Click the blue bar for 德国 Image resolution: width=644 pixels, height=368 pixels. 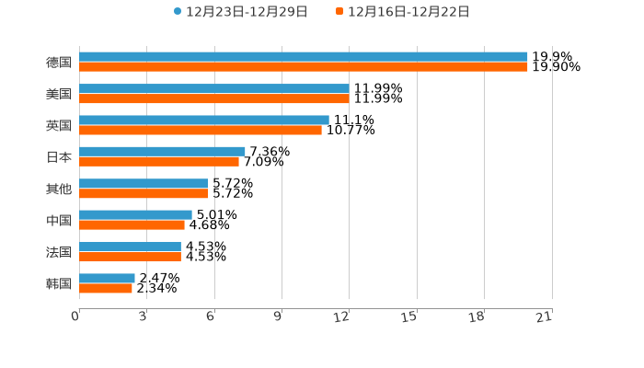pos(304,57)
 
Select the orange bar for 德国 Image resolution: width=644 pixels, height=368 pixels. pos(304,67)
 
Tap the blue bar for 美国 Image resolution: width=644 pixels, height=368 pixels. pos(213,88)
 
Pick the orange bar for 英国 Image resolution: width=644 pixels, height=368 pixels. pos(201,130)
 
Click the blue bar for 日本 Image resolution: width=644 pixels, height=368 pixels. pos(162,151)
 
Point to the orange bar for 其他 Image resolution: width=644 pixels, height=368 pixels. pos(144,193)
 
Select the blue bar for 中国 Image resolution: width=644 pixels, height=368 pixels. pos(135,214)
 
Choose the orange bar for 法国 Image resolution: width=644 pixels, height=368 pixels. pos(130,257)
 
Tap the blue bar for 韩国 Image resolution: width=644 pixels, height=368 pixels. pos(107,278)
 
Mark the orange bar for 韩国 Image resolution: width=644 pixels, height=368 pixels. pos(106,288)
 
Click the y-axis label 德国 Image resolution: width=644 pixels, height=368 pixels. pos(59,63)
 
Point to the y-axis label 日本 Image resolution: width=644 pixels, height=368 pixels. pos(59,156)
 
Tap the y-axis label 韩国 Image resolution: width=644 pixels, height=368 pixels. pos(59,283)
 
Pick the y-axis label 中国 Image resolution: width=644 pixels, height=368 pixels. pos(59,220)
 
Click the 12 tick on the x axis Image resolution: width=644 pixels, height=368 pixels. pos(342,317)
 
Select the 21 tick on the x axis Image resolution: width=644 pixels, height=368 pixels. pos(545,317)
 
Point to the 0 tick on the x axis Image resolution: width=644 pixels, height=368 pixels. pos(75,317)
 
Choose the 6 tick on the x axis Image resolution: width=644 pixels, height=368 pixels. pos(211,317)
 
